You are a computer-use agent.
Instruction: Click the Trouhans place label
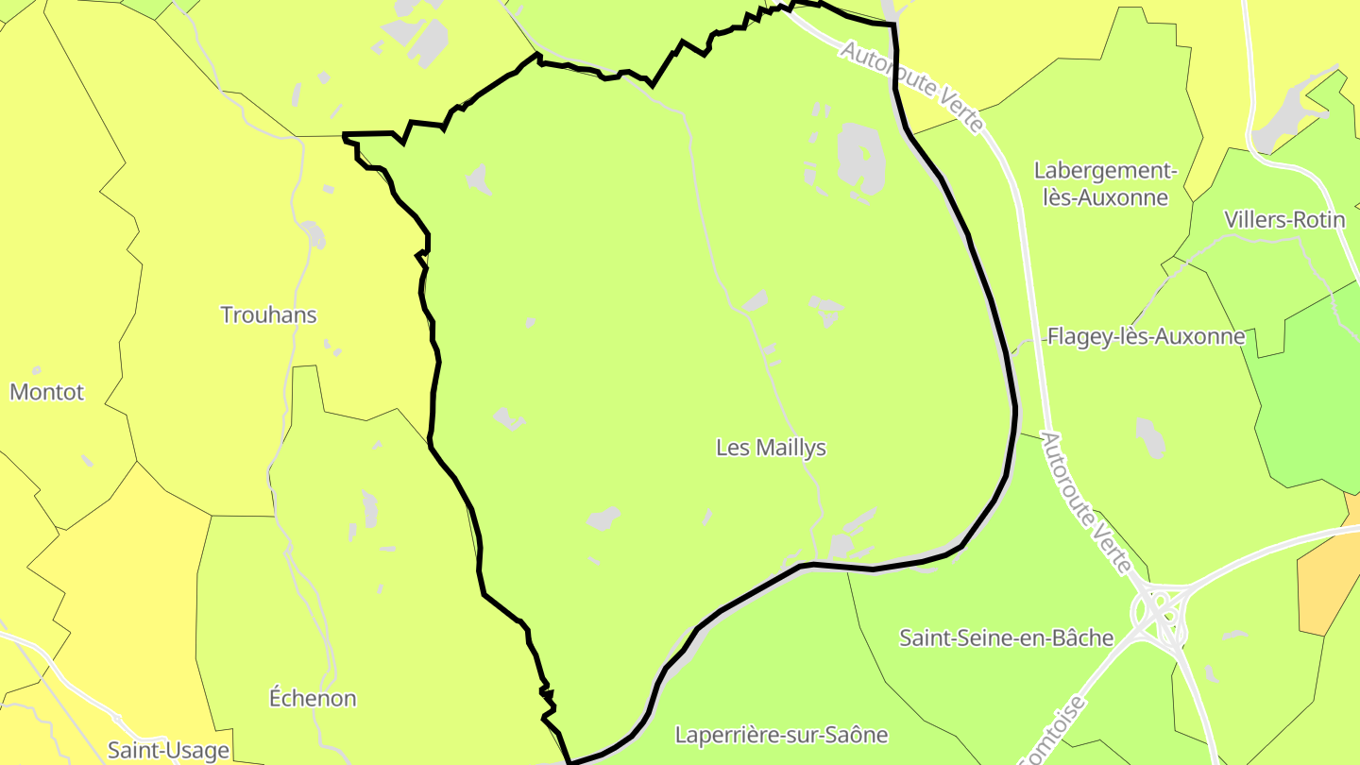[x=268, y=314]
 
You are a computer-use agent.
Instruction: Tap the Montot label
[x=47, y=391]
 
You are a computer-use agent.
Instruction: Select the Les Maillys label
[x=771, y=447]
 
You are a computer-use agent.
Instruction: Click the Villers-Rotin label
[x=1284, y=220]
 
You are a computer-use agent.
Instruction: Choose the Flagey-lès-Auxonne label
[x=1146, y=336]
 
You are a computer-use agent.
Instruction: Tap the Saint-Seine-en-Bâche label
[x=1007, y=637]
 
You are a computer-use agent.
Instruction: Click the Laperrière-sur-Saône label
[x=781, y=734]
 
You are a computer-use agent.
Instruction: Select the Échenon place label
[x=313, y=698]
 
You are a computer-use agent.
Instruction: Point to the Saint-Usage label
[x=168, y=750]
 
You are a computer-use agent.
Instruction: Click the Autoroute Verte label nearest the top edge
[x=911, y=86]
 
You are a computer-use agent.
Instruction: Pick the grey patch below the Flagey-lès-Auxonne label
[x=1149, y=437]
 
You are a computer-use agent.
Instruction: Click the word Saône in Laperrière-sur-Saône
[x=855, y=734]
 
